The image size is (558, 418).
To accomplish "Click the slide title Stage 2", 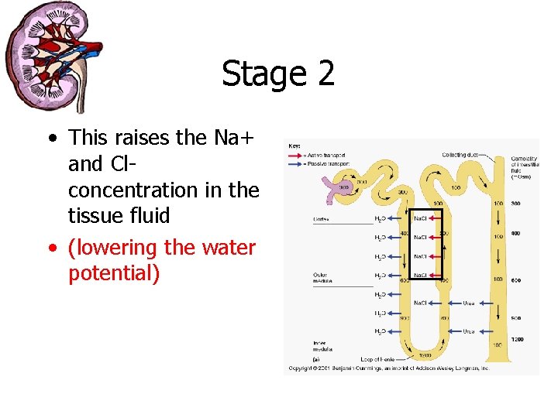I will [x=278, y=74].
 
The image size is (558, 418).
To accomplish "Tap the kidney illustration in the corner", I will [x=52, y=56].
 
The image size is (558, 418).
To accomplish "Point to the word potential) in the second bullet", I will [x=114, y=274].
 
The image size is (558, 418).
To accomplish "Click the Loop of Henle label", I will [x=378, y=360].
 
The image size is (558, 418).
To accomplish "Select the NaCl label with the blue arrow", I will [x=422, y=303].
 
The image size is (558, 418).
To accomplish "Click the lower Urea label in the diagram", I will [x=468, y=331].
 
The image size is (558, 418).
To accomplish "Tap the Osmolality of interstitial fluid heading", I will [x=525, y=166].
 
